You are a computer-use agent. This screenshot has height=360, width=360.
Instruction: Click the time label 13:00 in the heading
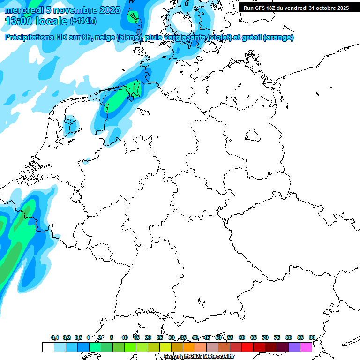pyautogui.click(x=20, y=21)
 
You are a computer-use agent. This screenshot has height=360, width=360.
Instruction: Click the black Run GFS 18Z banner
pyautogui.click(x=296, y=8)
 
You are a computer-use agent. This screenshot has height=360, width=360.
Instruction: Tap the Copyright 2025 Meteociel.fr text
pyautogui.click(x=199, y=356)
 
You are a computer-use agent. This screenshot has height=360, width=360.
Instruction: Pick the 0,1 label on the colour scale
pyautogui.click(x=55, y=337)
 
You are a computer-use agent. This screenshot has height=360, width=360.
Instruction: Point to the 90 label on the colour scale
pyautogui.click(x=312, y=337)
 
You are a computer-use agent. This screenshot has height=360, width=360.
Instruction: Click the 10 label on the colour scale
pyautogui.click(x=125, y=337)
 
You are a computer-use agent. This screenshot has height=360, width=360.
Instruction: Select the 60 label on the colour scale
pyautogui.click(x=242, y=337)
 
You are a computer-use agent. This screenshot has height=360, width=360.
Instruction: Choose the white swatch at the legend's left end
pyautogui.click(x=48, y=347)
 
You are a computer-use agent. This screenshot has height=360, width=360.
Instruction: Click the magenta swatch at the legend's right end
pyautogui.click(x=306, y=347)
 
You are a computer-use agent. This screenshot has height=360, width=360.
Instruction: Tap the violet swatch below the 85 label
pyautogui.click(x=294, y=347)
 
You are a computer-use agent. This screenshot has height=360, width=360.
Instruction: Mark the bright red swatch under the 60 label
pyautogui.click(x=247, y=347)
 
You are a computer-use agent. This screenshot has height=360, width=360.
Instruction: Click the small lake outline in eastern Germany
pyautogui.click(x=254, y=136)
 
